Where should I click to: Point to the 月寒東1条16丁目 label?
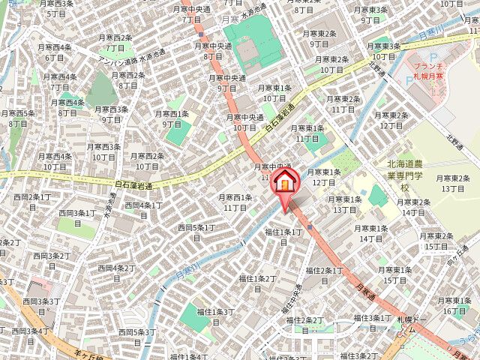coord(455,306)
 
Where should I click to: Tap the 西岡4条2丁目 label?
coord(114,273)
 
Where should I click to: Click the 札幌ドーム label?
coord(410,324)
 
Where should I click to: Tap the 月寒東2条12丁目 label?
coord(392,121)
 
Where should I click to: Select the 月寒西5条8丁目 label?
coord(19,118)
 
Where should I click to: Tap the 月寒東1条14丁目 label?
coord(371,233)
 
